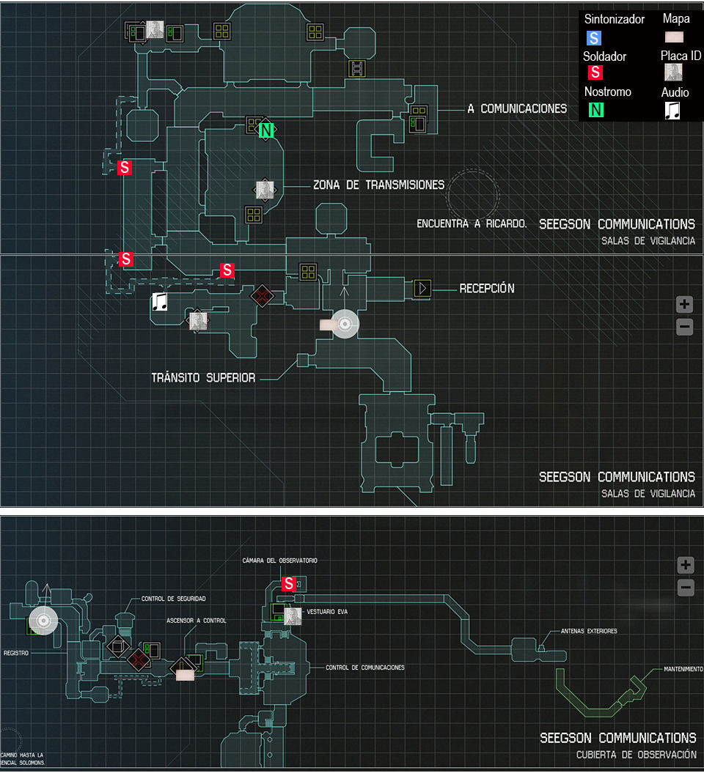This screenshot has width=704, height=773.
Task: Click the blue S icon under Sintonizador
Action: click(594, 37)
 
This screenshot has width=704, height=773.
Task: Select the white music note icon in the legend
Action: click(672, 110)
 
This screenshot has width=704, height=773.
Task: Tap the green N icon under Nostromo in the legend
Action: click(596, 110)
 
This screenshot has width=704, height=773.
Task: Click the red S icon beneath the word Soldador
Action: click(595, 73)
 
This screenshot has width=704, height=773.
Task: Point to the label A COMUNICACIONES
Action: click(517, 108)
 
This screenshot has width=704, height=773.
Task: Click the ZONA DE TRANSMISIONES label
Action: click(378, 185)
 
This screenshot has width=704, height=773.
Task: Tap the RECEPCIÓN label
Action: click(487, 288)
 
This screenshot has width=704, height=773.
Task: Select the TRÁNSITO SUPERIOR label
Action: click(203, 378)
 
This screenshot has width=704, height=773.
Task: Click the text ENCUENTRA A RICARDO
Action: click(472, 223)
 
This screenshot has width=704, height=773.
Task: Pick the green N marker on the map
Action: click(267, 130)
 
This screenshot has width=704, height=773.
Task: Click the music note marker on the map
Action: click(159, 302)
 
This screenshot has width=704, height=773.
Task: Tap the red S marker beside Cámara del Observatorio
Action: click(289, 584)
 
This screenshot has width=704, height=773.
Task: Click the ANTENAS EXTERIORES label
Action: click(589, 631)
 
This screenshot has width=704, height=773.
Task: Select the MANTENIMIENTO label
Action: click(683, 669)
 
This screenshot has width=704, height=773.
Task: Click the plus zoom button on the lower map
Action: click(685, 565)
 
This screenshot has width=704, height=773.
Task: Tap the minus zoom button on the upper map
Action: click(684, 327)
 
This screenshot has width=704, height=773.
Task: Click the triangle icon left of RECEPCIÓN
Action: click(422, 288)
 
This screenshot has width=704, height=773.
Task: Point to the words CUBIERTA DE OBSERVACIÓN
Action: click(636, 755)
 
